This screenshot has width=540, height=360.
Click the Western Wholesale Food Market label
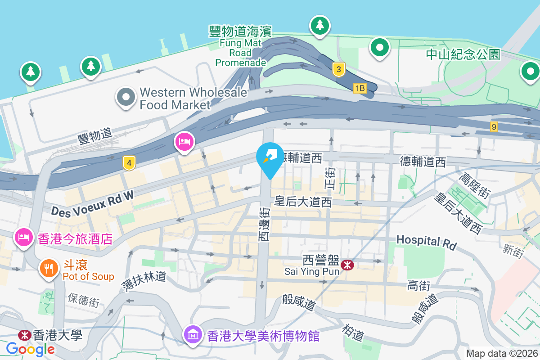193,99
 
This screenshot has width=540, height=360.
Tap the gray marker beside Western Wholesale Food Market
126,97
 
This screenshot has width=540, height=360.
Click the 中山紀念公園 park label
463,54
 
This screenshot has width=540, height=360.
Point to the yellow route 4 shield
129,163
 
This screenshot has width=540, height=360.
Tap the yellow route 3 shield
339,69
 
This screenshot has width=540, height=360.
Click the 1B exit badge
360,88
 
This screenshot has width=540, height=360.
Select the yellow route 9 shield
494,127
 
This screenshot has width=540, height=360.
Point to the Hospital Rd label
426,242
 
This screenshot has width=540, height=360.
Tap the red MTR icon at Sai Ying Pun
347,265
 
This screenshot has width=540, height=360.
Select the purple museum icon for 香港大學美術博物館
193,335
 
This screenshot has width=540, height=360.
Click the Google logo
31,349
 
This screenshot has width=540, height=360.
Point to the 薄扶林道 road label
144,281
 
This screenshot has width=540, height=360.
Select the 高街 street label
418,285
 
